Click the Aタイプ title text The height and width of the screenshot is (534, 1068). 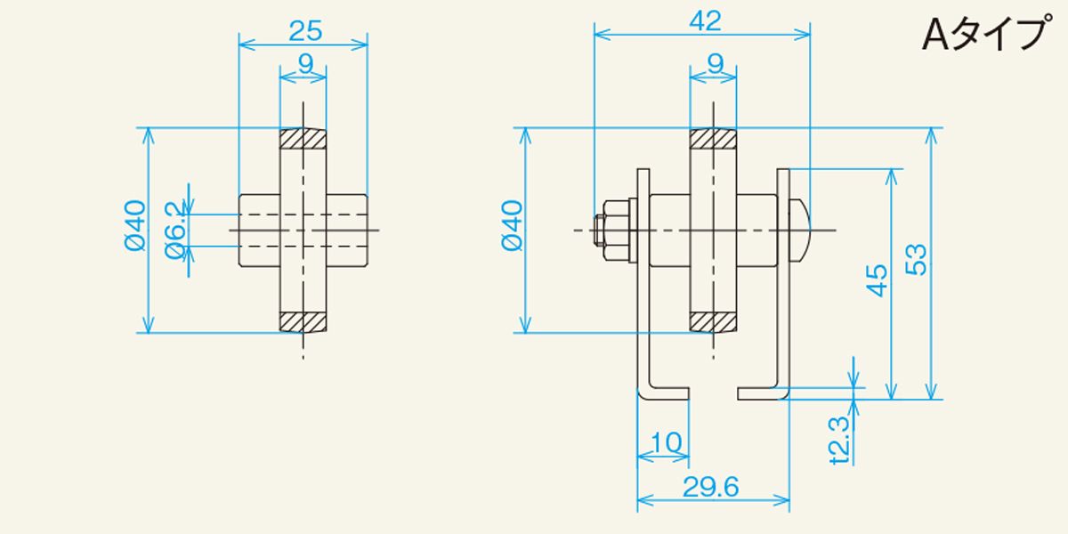986,35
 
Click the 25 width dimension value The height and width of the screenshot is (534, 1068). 305,31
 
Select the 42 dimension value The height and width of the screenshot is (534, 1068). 705,21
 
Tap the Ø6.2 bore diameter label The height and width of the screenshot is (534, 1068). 176,231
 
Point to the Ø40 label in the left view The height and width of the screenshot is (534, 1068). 135,225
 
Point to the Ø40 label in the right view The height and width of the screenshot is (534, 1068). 513,225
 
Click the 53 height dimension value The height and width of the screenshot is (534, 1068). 916,259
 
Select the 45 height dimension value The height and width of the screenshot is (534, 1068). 877,280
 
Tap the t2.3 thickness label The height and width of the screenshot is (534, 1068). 840,440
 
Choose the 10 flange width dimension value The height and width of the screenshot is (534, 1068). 666,442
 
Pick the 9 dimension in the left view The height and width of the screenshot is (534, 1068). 305,63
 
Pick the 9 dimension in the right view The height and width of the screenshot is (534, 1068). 716,63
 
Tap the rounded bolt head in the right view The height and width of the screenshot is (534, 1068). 798,231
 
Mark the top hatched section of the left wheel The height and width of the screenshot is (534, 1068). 303,139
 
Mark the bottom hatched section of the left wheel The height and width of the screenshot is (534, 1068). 303,322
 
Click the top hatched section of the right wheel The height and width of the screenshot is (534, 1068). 713,139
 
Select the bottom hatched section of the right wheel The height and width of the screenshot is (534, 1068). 713,322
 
